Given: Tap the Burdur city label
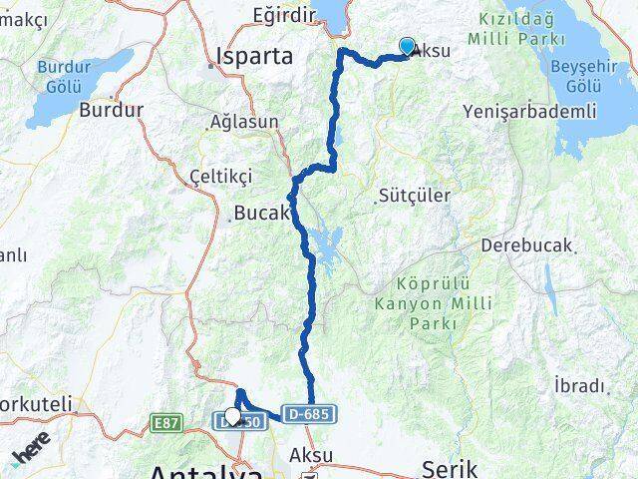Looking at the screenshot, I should [112, 110].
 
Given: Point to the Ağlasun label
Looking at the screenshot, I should [245, 124].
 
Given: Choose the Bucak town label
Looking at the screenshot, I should [260, 212].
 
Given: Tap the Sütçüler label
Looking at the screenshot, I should [415, 197].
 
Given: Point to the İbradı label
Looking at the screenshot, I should [579, 385].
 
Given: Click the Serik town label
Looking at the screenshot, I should [451, 467].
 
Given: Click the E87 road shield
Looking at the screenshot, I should [166, 424].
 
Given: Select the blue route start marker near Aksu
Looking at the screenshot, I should [407, 46].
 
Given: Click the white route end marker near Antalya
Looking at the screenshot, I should [232, 415].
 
